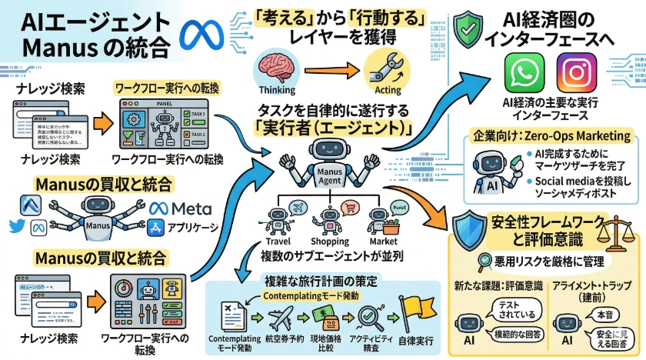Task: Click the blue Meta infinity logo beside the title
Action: [x=201, y=35]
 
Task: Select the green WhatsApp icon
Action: [x=525, y=74]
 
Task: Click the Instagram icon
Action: [x=581, y=74]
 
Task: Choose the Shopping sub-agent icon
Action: [x=330, y=215]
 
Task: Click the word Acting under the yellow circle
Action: [x=381, y=89]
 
